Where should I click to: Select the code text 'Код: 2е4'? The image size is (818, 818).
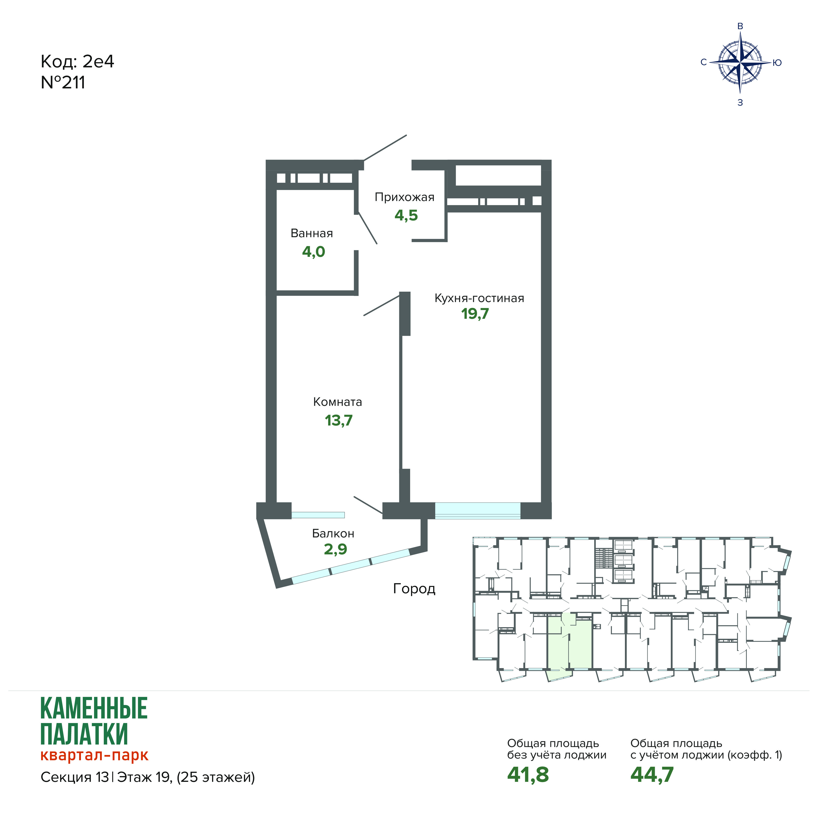click(78, 62)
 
